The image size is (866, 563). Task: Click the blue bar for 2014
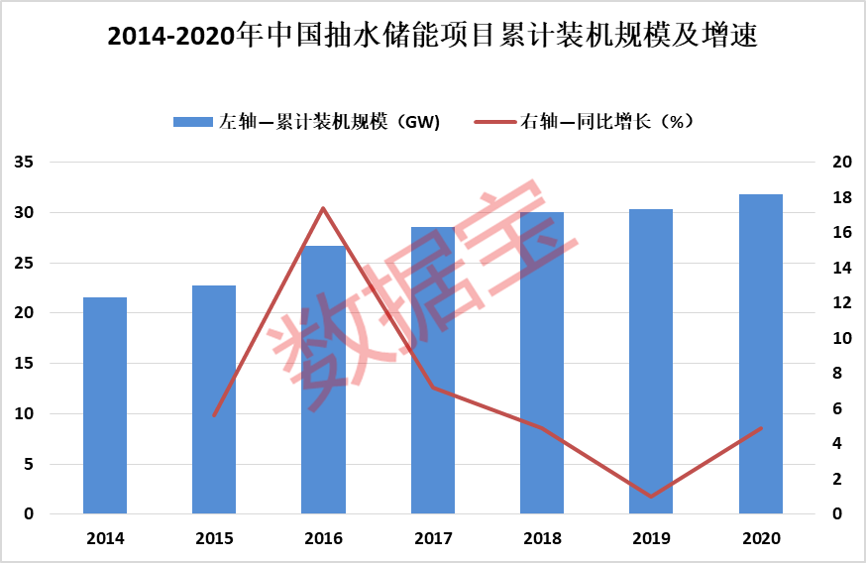tap(105, 405)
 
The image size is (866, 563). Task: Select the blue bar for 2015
tap(214, 399)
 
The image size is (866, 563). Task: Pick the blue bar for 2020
tap(761, 354)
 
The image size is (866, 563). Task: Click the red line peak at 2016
tap(323, 208)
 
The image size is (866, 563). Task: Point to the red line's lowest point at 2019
tap(651, 497)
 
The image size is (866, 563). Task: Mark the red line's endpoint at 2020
tap(761, 428)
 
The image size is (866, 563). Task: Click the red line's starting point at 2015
tap(214, 415)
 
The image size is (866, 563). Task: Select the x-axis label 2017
tap(433, 539)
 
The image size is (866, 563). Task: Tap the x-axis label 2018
tap(542, 539)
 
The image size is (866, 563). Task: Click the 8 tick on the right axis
tap(838, 374)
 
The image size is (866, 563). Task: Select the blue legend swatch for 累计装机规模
tap(192, 122)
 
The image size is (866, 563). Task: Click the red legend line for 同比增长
tap(495, 122)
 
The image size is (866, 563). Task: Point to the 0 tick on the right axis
tap(838, 514)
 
